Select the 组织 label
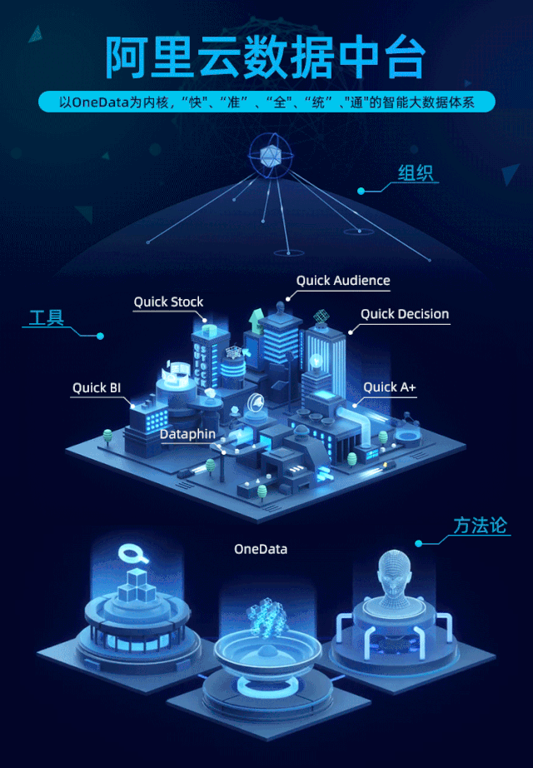(x=417, y=174)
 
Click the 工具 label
(x=47, y=317)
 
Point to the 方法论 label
(x=480, y=526)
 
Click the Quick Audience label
(x=343, y=281)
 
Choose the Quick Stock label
(x=168, y=302)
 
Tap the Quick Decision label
(x=405, y=314)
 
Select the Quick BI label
(x=96, y=387)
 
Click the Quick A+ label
(x=389, y=386)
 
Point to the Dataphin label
(x=187, y=434)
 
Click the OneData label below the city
(x=261, y=549)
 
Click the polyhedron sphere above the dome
(x=269, y=154)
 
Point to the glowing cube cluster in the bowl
(x=267, y=620)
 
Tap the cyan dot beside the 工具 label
(x=100, y=337)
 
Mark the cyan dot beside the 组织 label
(x=361, y=192)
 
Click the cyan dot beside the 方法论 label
(x=419, y=543)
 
